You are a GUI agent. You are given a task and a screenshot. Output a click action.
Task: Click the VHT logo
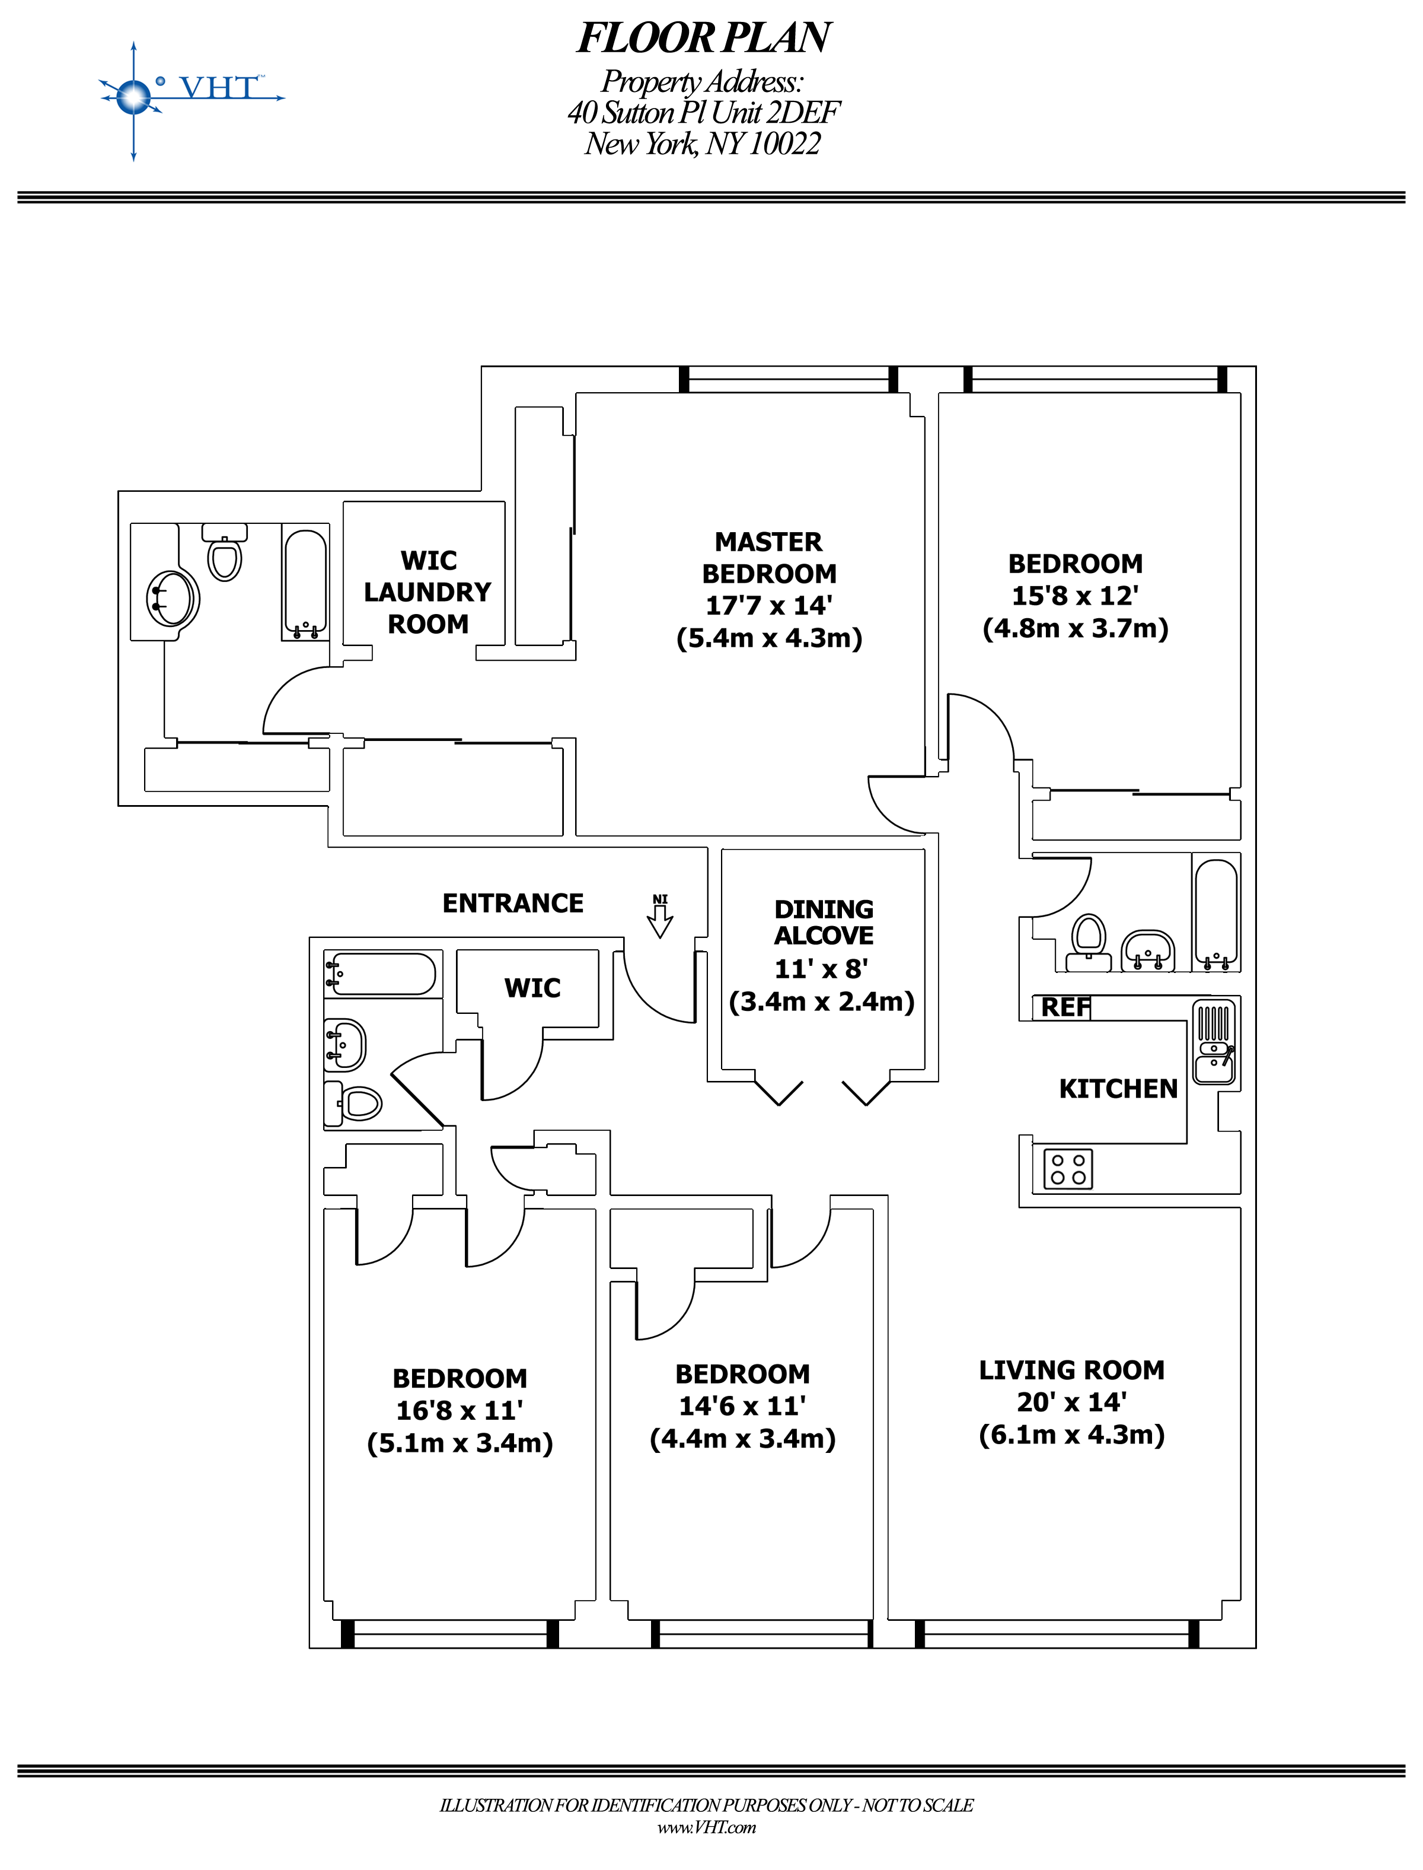click(x=190, y=93)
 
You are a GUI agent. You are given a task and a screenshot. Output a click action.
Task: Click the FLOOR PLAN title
click(x=703, y=38)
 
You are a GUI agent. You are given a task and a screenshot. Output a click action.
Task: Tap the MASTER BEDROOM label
click(x=768, y=558)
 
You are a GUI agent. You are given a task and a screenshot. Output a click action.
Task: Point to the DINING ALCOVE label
click(x=824, y=922)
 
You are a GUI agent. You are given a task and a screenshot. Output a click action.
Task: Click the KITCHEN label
click(x=1118, y=1089)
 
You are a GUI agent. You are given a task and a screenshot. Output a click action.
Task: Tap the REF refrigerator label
click(x=1065, y=1007)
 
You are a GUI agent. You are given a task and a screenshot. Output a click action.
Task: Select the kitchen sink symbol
click(x=1214, y=1042)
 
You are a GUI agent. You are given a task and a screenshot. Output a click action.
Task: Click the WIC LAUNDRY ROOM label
click(x=427, y=591)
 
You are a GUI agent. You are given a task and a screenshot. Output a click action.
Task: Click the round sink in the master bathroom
click(x=173, y=598)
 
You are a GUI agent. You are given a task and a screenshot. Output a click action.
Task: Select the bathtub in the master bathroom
click(x=305, y=584)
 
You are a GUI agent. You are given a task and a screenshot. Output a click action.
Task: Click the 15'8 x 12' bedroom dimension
click(x=1075, y=596)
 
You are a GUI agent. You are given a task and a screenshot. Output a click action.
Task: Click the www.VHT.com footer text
click(x=706, y=1828)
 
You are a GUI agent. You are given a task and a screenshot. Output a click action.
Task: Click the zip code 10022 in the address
click(x=784, y=144)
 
